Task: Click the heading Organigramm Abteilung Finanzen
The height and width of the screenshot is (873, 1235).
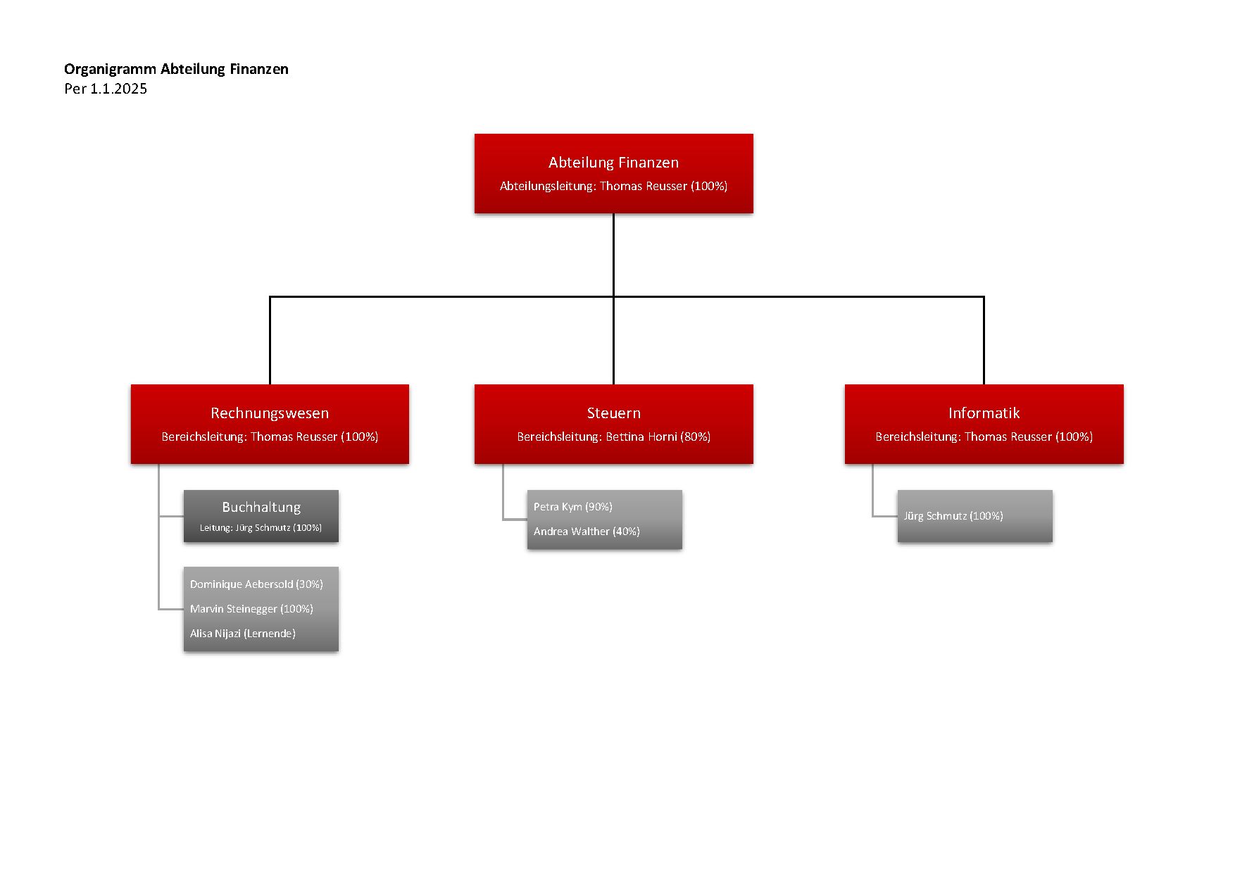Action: pyautogui.click(x=176, y=69)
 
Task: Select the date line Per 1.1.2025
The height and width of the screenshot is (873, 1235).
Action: pyautogui.click(x=106, y=89)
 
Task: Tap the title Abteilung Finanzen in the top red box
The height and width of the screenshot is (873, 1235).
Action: pyautogui.click(x=613, y=163)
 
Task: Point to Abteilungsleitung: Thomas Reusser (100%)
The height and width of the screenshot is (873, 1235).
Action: pyautogui.click(x=613, y=187)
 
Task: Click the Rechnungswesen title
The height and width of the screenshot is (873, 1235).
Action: pyautogui.click(x=270, y=413)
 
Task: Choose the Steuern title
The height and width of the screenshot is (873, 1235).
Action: pyautogui.click(x=613, y=413)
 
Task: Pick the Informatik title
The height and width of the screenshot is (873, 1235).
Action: pyautogui.click(x=984, y=413)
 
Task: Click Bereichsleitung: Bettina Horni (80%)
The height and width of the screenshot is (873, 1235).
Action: pyautogui.click(x=613, y=437)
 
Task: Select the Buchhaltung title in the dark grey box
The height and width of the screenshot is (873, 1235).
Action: pyautogui.click(x=261, y=507)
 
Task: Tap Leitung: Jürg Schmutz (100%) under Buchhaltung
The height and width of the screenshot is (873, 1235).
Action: pyautogui.click(x=261, y=528)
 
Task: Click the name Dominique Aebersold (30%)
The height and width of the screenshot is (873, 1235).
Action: pyautogui.click(x=256, y=584)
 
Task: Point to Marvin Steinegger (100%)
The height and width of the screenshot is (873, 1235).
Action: pyautogui.click(x=251, y=609)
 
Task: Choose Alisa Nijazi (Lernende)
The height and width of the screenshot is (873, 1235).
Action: pyautogui.click(x=242, y=634)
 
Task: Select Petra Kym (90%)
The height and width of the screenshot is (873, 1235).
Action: pyautogui.click(x=572, y=507)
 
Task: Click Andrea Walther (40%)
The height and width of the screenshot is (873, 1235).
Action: pyautogui.click(x=587, y=532)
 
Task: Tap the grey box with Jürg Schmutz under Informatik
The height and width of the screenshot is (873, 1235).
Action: pyautogui.click(x=974, y=516)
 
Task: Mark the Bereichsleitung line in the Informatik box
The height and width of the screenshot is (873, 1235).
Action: pyautogui.click(x=984, y=437)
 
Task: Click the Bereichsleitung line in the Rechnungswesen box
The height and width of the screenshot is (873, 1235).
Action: pyautogui.click(x=270, y=437)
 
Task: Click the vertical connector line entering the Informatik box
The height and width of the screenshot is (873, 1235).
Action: pyautogui.click(x=984, y=341)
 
